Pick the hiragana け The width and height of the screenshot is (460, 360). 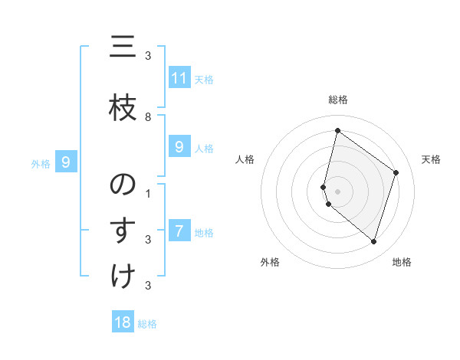(122, 276)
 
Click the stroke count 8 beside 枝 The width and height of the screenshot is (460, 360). (148, 116)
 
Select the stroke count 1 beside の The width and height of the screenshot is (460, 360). (148, 193)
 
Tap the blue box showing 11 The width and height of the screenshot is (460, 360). (179, 78)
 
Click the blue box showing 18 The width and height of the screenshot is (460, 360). (123, 322)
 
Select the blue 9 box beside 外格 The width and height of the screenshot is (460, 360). (67, 162)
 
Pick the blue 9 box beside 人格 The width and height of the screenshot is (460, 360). (179, 147)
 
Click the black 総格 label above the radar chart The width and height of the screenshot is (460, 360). (337, 100)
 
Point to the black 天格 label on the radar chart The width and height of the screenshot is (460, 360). (432, 159)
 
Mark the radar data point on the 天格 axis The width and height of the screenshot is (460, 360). (396, 172)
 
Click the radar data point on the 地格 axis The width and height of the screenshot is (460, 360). (373, 241)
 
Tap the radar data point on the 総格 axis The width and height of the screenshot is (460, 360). (337, 130)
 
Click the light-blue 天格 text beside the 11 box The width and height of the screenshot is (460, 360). (203, 79)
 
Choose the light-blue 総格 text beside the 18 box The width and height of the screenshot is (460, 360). (147, 323)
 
